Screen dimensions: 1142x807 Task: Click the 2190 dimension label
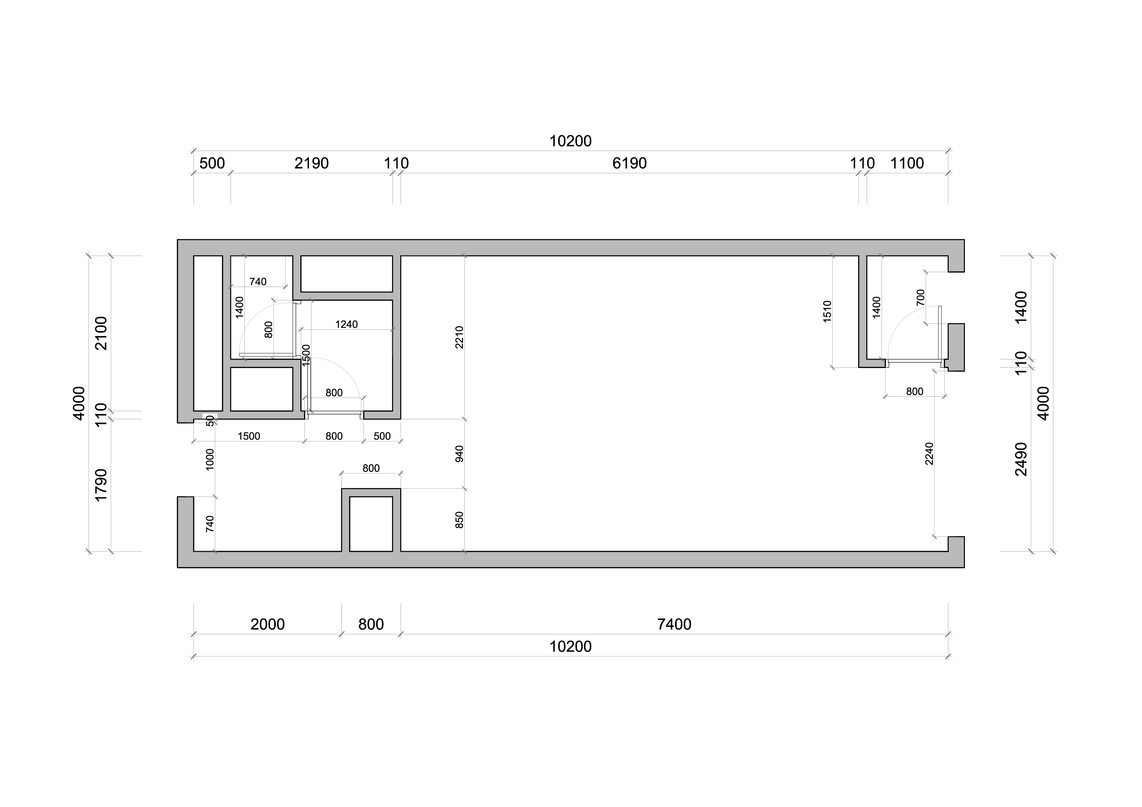click(311, 163)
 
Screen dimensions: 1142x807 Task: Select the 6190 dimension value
click(629, 163)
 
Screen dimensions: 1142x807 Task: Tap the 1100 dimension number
click(907, 163)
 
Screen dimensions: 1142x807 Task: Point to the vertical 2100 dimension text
click(101, 333)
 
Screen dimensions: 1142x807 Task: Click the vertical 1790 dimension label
click(101, 485)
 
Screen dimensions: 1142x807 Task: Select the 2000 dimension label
click(268, 624)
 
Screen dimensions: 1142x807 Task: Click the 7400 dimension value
click(674, 624)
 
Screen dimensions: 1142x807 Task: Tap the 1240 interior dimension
click(346, 324)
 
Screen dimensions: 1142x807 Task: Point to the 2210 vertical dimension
click(459, 337)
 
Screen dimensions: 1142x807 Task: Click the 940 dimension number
click(459, 454)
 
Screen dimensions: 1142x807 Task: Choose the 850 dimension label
click(459, 520)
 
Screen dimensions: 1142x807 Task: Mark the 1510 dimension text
click(827, 311)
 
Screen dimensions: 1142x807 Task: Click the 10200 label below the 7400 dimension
click(571, 646)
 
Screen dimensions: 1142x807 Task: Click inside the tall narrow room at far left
click(208, 333)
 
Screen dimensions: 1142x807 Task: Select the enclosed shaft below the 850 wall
click(371, 524)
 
